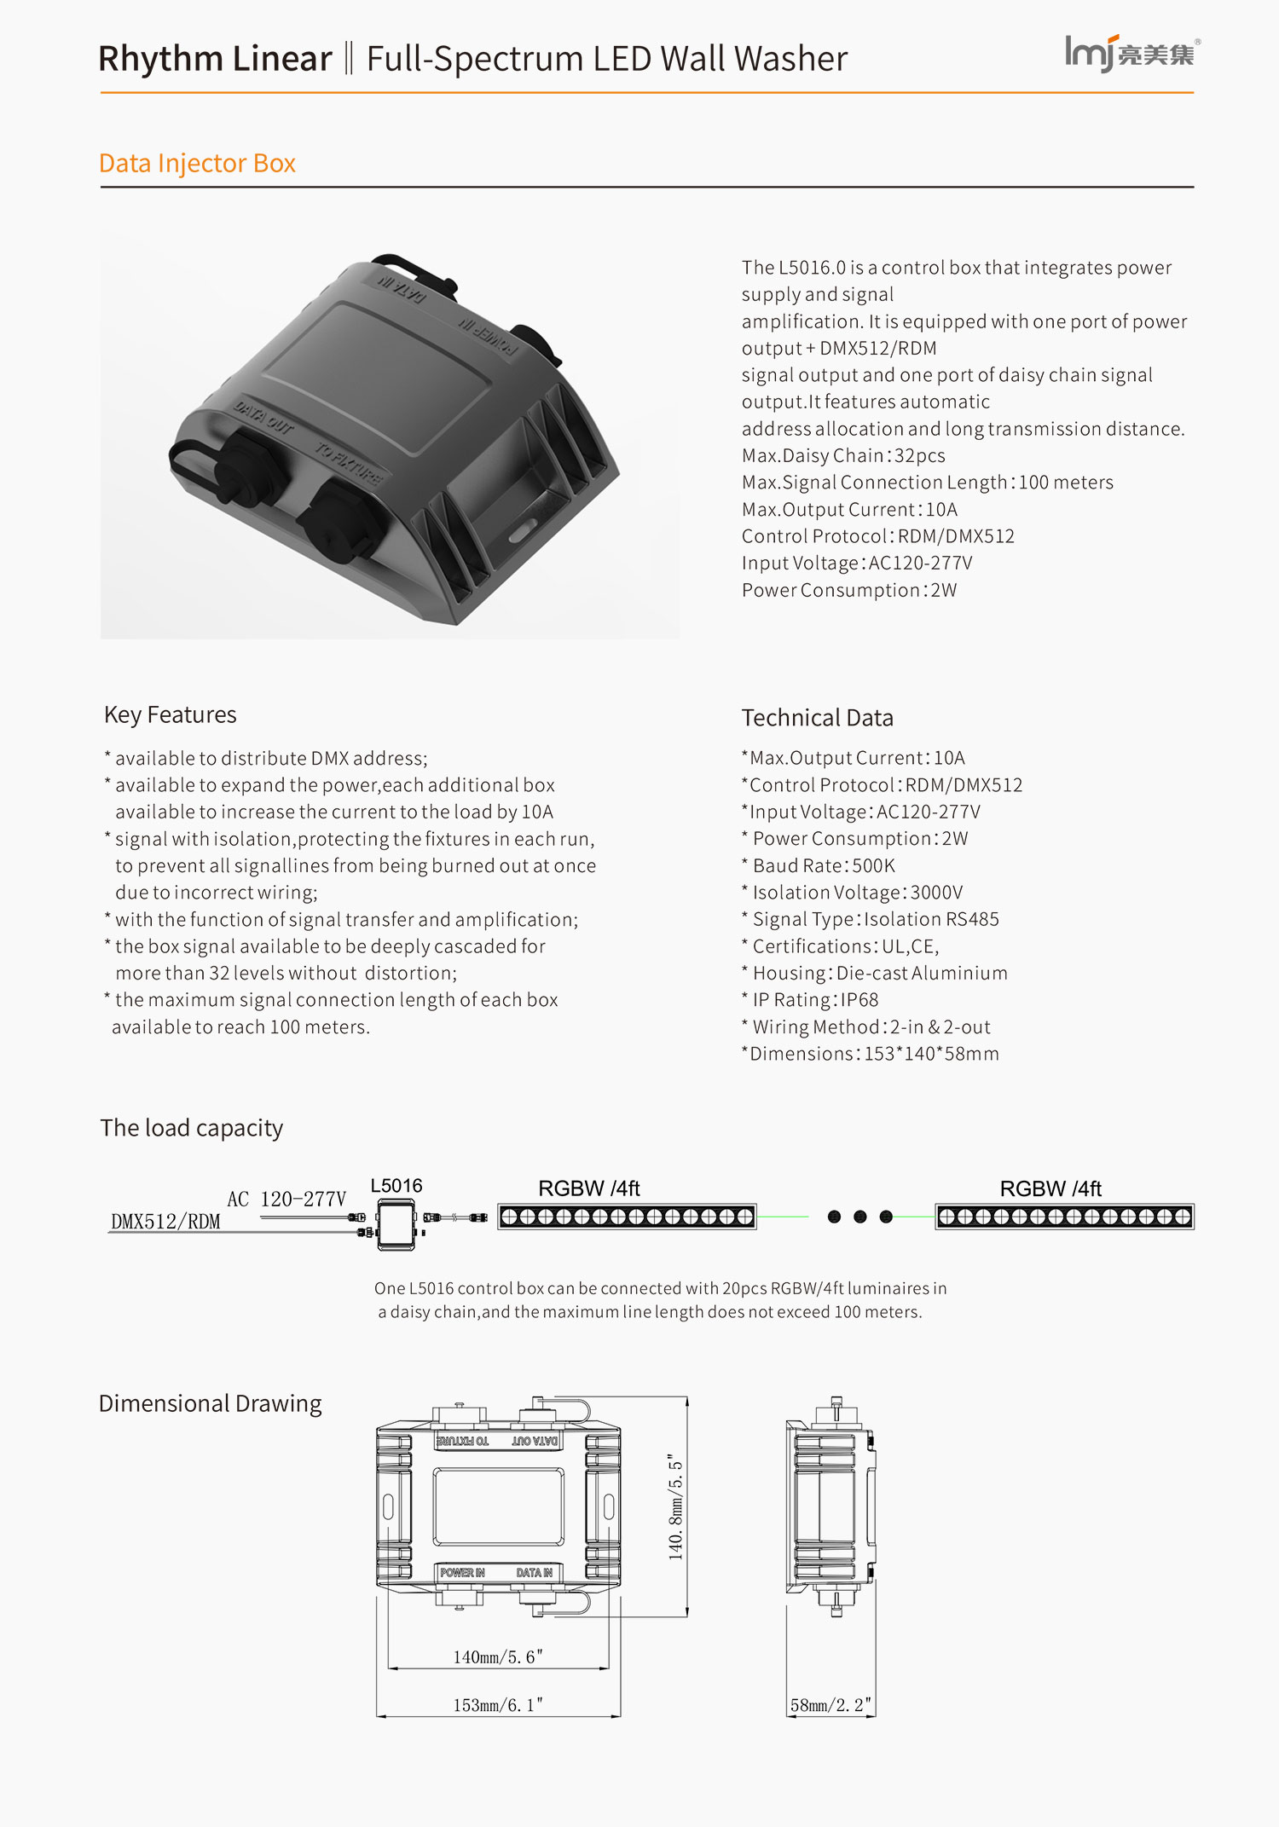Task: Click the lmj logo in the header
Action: pyautogui.click(x=1131, y=54)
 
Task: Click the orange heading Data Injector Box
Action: pyautogui.click(x=197, y=163)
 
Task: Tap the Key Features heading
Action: pyautogui.click(x=171, y=714)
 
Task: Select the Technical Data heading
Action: pyautogui.click(x=817, y=718)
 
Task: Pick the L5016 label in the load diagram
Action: pyautogui.click(x=396, y=1186)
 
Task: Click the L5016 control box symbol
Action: pyautogui.click(x=396, y=1224)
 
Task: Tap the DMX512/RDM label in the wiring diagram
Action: pyautogui.click(x=165, y=1222)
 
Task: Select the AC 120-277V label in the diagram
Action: pyautogui.click(x=286, y=1200)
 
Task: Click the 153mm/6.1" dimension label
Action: pyautogui.click(x=498, y=1705)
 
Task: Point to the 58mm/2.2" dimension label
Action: pyautogui.click(x=830, y=1705)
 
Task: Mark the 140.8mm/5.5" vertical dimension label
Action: pyautogui.click(x=675, y=1506)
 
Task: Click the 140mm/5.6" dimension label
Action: pyautogui.click(x=498, y=1657)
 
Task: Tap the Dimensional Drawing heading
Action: pyautogui.click(x=211, y=1403)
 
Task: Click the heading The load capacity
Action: pyautogui.click(x=192, y=1128)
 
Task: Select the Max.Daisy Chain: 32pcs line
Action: pyautogui.click(x=843, y=455)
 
